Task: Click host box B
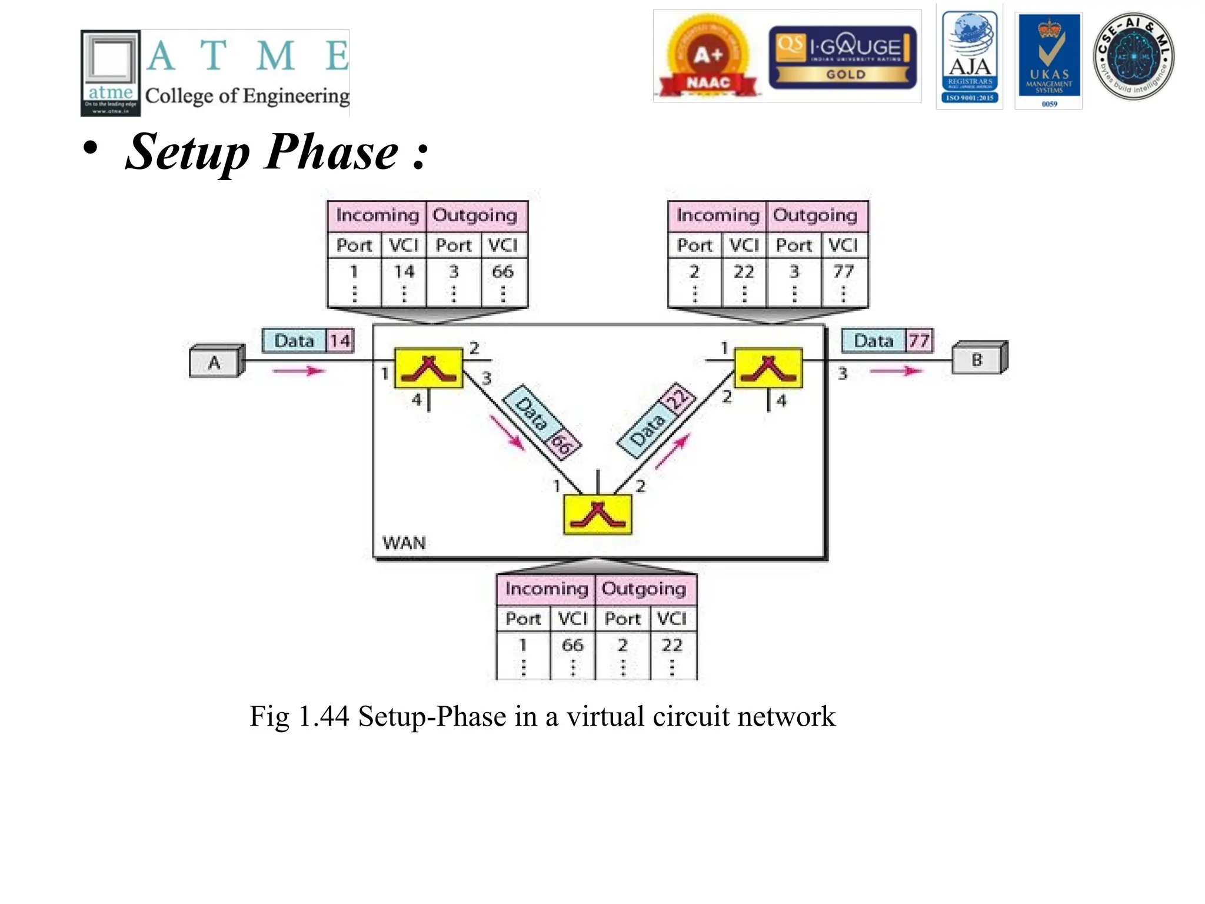pos(978,358)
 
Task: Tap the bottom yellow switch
pos(597,514)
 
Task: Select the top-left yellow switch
pos(428,368)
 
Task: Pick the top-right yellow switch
pos(768,368)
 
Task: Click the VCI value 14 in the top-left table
pos(404,271)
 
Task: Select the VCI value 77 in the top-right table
pos(843,271)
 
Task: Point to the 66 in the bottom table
pos(572,645)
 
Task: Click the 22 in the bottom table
pos(672,645)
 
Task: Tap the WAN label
pos(404,542)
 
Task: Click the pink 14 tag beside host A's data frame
pos(340,341)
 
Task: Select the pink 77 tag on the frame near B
pos(918,341)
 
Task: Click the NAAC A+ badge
pos(708,58)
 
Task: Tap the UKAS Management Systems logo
pos(1049,60)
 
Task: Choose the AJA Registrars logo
pos(970,56)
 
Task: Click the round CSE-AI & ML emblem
pos(1133,56)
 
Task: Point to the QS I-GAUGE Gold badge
pos(843,57)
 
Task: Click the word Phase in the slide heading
pos(332,152)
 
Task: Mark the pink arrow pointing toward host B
pos(896,371)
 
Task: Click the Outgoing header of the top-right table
pos(815,215)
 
